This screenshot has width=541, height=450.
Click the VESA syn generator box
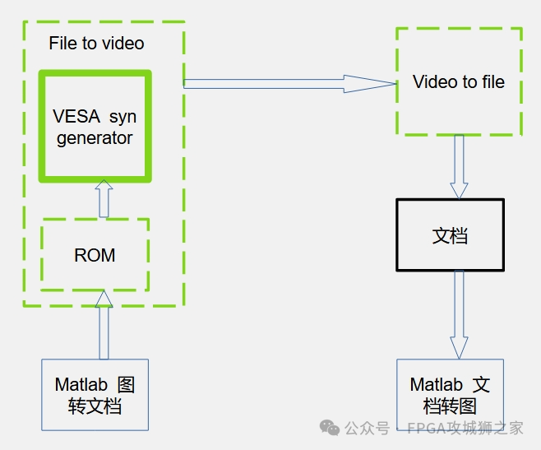95,126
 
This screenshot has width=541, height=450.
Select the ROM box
95,255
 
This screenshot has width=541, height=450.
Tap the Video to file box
459,82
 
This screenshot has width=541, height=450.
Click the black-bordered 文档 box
450,235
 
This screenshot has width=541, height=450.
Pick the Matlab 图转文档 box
95,395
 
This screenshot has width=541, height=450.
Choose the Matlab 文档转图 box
450,395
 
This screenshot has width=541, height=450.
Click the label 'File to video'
96,44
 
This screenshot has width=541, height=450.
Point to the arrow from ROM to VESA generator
104,198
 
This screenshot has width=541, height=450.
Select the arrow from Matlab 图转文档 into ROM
104,324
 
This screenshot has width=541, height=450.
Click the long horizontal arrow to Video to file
288,83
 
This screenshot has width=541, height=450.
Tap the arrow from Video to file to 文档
459,165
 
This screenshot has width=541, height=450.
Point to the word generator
95,138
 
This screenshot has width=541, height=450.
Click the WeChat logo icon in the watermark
330,428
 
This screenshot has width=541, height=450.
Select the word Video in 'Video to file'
432,82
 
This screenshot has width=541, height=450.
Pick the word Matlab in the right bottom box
437,385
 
